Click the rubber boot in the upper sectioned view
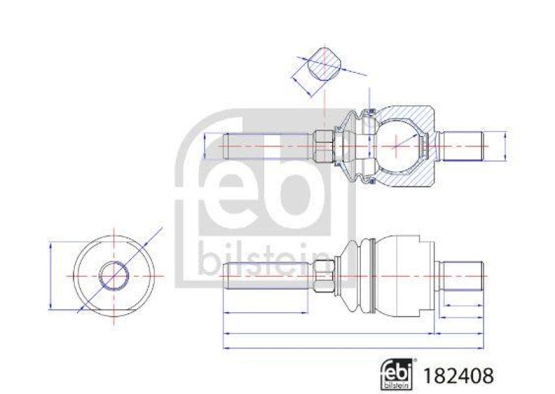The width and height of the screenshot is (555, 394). [x=354, y=146]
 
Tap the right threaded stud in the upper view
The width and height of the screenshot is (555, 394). [x=463, y=146]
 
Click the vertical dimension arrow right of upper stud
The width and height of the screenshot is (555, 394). [x=506, y=146]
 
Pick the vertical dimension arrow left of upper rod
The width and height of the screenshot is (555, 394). [x=205, y=146]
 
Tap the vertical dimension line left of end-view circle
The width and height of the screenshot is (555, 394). [x=51, y=275]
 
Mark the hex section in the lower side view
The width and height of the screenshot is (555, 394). [x=323, y=275]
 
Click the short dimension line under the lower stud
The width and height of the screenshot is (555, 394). [x=463, y=305]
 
